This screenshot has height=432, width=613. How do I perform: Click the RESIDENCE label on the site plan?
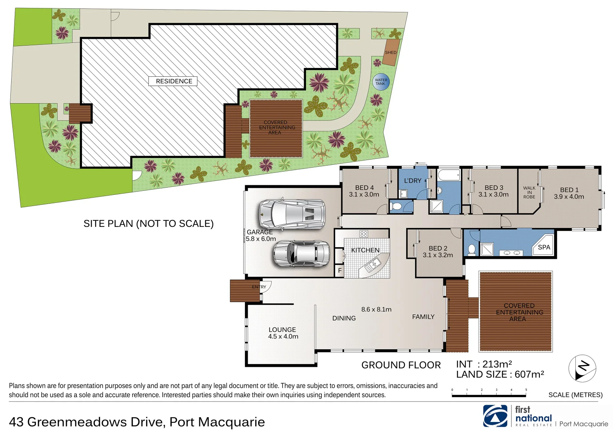(x=174, y=81)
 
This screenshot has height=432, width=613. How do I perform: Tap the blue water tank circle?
(x=381, y=82)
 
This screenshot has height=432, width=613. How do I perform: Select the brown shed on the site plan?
(x=391, y=52)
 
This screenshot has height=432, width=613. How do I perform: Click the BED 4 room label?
(x=364, y=188)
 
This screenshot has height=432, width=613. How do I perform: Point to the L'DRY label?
(x=413, y=181)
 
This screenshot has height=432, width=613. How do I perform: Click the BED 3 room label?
(x=494, y=188)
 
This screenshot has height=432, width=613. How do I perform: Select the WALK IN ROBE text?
(x=529, y=192)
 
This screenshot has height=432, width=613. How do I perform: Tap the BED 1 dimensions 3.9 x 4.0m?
(x=569, y=197)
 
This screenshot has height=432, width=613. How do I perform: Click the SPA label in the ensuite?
(x=544, y=247)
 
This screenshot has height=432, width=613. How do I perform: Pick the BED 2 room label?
(x=438, y=248)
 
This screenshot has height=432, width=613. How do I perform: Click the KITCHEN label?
(x=365, y=250)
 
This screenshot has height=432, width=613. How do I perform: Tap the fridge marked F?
(x=340, y=270)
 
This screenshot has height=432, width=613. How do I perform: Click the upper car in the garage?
(x=292, y=214)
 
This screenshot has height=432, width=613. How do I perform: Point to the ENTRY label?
(x=259, y=287)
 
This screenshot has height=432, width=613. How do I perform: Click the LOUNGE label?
(x=282, y=330)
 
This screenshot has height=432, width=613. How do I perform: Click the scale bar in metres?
(x=489, y=395)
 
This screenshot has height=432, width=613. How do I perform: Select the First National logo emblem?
(x=495, y=416)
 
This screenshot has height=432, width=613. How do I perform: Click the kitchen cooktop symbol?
(x=363, y=234)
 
